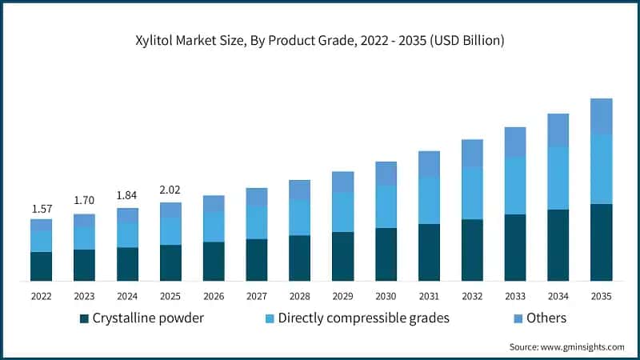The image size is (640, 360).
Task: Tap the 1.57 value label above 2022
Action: click(42, 209)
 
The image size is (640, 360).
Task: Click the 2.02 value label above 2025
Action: click(170, 190)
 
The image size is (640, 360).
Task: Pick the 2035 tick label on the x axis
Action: click(601, 296)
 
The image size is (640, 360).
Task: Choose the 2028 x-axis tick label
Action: click(299, 296)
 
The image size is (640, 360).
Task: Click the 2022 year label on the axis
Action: click(42, 296)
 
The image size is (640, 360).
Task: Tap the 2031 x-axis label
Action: click(429, 296)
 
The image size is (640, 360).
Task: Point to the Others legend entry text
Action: click(546, 318)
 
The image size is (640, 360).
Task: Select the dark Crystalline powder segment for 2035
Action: click(601, 242)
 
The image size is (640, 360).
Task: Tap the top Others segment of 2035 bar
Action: click(601, 117)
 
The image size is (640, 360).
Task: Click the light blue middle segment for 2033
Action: click(515, 186)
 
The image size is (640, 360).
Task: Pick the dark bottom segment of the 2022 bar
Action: click(42, 266)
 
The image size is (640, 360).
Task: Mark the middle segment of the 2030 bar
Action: click(386, 206)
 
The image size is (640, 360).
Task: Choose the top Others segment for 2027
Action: click(256, 197)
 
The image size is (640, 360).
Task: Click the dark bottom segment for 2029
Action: click(342, 256)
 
